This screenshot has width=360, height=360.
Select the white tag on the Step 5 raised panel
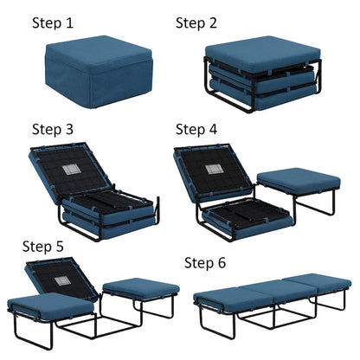(62, 280)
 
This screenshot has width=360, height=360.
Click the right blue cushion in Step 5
(141, 288)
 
